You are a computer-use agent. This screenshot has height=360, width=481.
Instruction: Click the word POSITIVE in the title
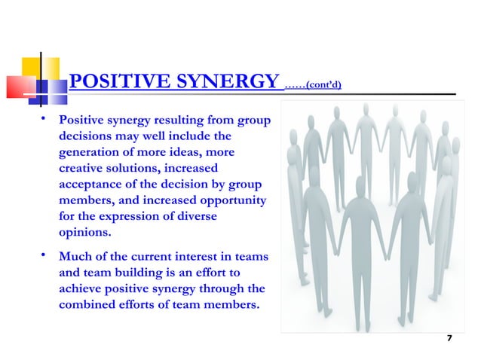(x=113, y=82)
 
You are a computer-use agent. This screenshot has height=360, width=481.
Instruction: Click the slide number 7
(x=449, y=338)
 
